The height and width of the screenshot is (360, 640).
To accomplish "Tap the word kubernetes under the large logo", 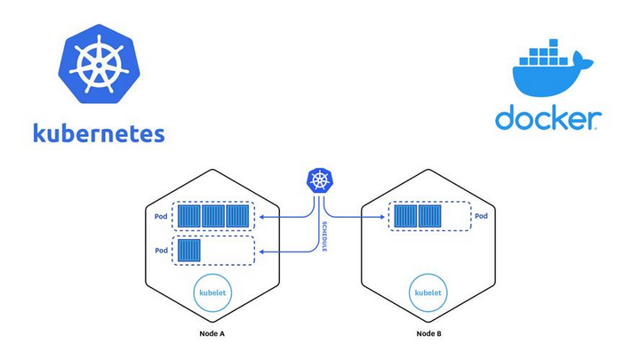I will (x=98, y=134).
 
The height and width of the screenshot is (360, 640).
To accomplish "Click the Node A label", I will (x=212, y=335).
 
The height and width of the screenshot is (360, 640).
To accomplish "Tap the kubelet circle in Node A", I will (x=212, y=292).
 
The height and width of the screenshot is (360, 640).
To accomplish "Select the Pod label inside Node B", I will (x=481, y=216).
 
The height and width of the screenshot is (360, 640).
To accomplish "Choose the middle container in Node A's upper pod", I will (x=213, y=217).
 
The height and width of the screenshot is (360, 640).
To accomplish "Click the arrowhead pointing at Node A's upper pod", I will (x=259, y=217).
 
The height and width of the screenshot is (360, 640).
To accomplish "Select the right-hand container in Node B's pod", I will (x=429, y=217).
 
